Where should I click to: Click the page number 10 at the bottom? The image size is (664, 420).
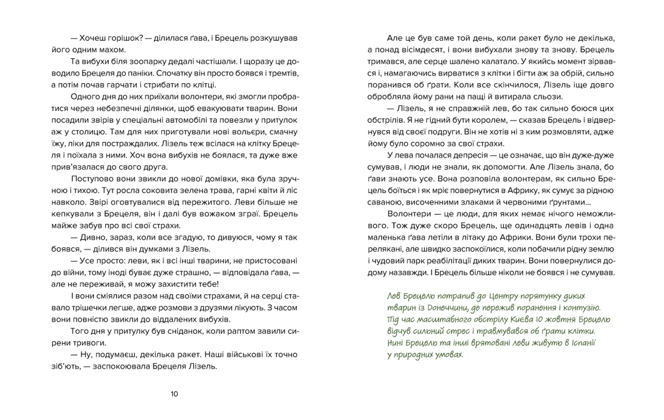point(174,394)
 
